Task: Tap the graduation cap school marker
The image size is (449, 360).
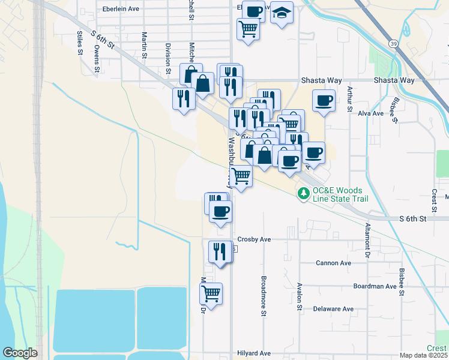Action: (x=282, y=13)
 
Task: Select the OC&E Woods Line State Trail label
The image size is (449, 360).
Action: (x=336, y=194)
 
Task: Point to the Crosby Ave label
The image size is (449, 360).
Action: (x=254, y=239)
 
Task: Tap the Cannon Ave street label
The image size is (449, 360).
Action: (x=334, y=263)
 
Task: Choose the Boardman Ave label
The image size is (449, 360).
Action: (x=376, y=286)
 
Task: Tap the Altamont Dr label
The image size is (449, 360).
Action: (x=367, y=241)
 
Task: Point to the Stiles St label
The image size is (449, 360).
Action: (x=79, y=43)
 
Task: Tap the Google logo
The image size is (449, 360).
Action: (x=20, y=353)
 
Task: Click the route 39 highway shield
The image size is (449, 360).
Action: (x=391, y=44)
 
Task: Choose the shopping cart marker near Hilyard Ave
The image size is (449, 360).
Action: (x=211, y=294)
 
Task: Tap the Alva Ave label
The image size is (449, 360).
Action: (x=370, y=113)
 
